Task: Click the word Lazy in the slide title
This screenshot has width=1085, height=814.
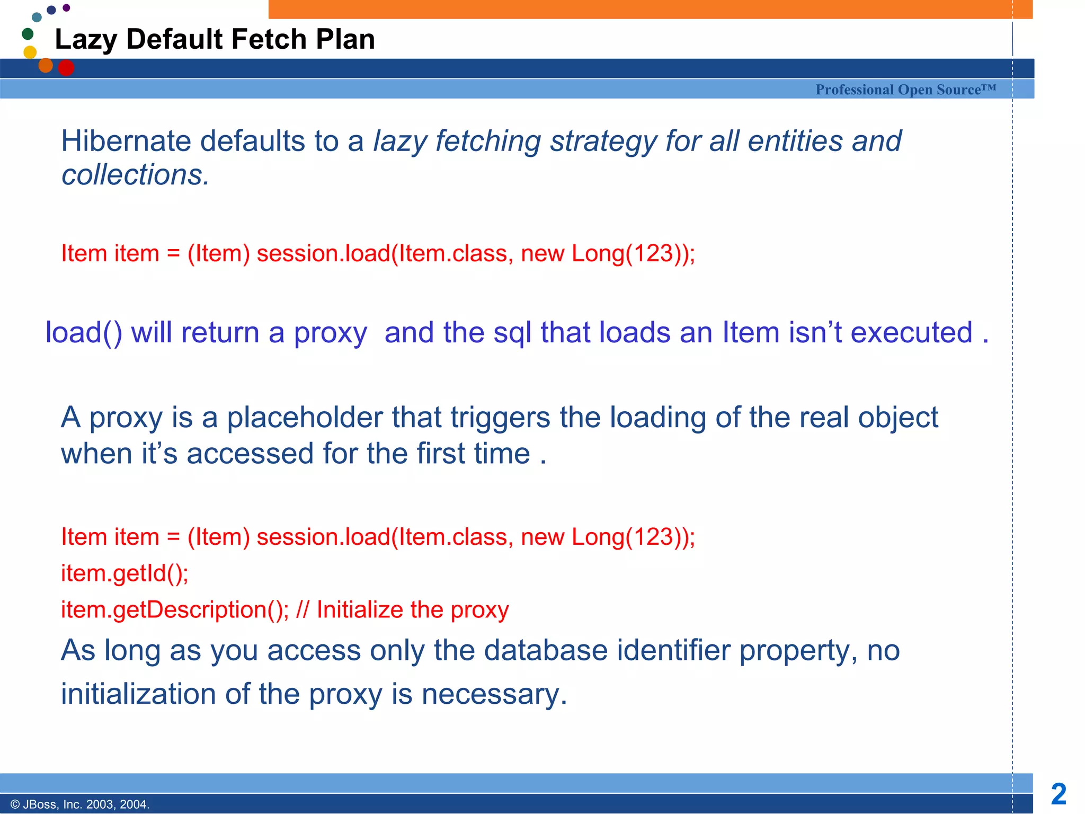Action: click(85, 40)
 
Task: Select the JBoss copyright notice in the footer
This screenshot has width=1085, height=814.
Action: click(80, 804)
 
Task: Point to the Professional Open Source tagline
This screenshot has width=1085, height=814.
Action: click(905, 90)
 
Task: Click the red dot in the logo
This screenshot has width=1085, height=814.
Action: click(66, 68)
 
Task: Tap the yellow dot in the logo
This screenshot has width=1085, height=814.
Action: click(30, 52)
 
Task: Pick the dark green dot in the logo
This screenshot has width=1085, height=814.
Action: click(28, 34)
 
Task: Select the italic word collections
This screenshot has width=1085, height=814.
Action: click(135, 175)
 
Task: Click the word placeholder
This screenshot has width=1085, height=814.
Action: click(305, 418)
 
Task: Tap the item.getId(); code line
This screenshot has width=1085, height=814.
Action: click(124, 573)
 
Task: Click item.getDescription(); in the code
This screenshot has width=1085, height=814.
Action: click(175, 610)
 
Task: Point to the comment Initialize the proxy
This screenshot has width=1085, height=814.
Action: click(413, 610)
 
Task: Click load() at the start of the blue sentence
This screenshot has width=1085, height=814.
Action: click(84, 333)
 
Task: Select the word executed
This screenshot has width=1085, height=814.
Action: click(911, 333)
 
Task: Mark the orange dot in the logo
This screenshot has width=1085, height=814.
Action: click(46, 65)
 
